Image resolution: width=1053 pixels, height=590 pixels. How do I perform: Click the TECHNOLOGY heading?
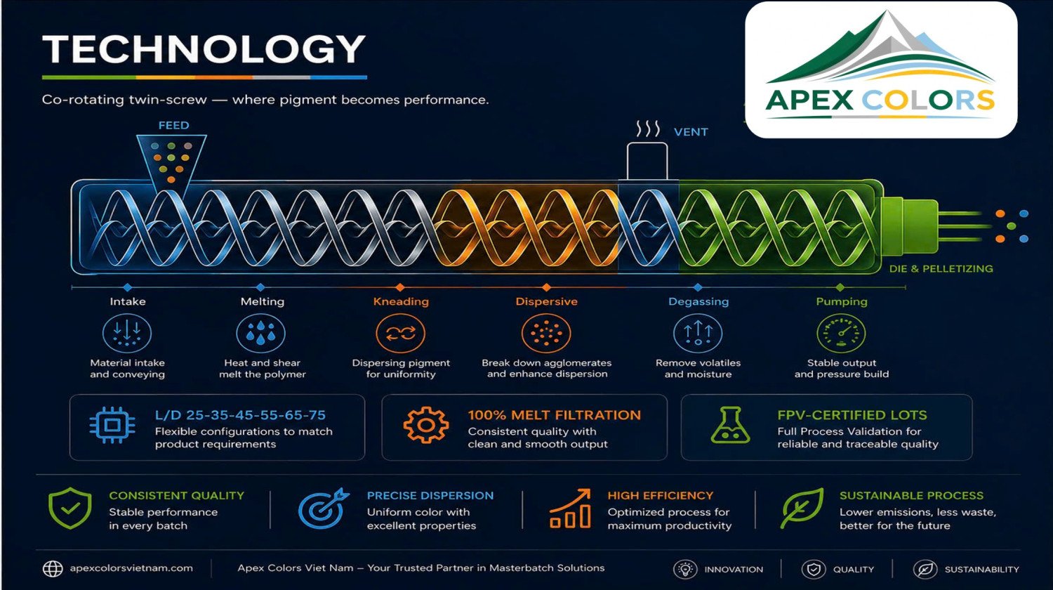coord(204,49)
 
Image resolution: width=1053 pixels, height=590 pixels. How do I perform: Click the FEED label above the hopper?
coord(173,125)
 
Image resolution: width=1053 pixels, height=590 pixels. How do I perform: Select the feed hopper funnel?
coord(171,162)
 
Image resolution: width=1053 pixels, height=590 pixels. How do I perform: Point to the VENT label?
coord(691,132)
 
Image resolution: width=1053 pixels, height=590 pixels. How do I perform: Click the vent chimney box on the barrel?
coord(647,161)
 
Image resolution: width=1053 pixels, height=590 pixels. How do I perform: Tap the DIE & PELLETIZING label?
coord(941,268)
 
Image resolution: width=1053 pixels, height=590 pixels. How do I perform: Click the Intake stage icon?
coord(127,333)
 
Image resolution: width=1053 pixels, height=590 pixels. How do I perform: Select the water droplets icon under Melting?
coord(260,333)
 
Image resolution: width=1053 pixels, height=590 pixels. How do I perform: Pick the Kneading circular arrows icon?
coord(401,333)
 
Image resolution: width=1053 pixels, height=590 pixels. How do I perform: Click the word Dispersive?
coord(546,301)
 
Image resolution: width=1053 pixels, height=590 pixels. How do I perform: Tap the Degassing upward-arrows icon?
coord(698,333)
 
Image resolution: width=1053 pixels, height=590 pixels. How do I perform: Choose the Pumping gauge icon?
coord(841,333)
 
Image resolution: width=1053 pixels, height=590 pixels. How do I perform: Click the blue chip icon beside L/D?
coord(112,426)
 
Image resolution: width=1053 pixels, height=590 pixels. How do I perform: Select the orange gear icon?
coord(426,425)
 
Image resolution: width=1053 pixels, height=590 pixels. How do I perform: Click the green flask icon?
coord(730,425)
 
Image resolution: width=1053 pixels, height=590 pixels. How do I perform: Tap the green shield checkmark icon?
coord(70,508)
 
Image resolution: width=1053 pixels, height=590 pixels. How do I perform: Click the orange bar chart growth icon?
coord(570,508)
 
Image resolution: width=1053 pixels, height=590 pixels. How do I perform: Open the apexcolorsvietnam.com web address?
coord(131,568)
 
